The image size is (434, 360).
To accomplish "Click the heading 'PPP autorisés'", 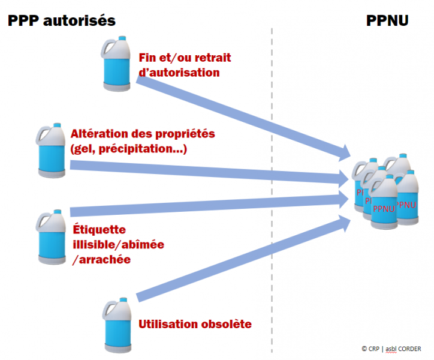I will [x=61, y=20].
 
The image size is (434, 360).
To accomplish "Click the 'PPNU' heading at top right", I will [x=387, y=20].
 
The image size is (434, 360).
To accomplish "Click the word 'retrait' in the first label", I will [x=210, y=58].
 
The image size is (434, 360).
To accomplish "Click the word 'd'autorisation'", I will [x=179, y=73].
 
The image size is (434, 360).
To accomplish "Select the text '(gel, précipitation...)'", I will [x=129, y=148].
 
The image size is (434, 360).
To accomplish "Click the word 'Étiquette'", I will [x=99, y=230].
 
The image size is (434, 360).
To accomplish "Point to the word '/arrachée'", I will [x=101, y=260].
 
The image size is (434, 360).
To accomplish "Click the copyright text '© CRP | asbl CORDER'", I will [x=391, y=349].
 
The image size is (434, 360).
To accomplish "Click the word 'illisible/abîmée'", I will [x=117, y=245].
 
